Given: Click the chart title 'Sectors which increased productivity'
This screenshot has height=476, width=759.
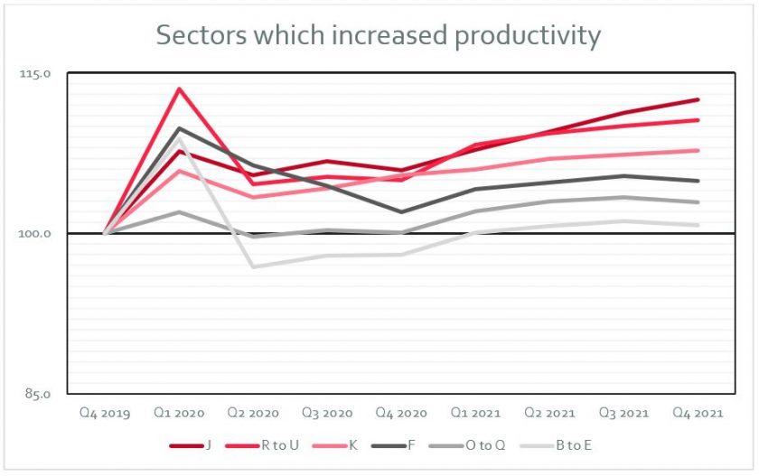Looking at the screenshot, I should coord(378,35).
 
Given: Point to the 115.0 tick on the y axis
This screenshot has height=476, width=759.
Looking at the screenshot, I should coord(36,73).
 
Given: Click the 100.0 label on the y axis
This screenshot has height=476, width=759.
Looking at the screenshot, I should coord(36,234).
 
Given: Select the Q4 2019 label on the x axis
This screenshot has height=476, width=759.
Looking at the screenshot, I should coord(105,414).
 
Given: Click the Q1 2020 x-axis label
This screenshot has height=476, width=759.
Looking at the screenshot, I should coord(180,414).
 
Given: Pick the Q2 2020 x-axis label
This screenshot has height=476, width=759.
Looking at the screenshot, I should coord(254,414).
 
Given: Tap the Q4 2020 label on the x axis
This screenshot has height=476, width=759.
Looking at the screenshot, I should coord(401,414).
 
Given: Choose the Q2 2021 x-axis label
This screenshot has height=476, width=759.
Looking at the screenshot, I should coord(550,414).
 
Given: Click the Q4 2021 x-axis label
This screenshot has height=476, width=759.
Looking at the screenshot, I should coord(698,414).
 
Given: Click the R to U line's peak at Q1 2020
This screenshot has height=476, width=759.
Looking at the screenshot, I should coord(180,89).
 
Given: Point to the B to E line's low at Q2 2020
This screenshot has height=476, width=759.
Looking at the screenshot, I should coord(254,266).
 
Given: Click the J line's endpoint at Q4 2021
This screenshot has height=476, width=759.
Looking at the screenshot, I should coord(698,99).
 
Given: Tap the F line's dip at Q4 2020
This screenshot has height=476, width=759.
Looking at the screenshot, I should coord(401,212).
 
